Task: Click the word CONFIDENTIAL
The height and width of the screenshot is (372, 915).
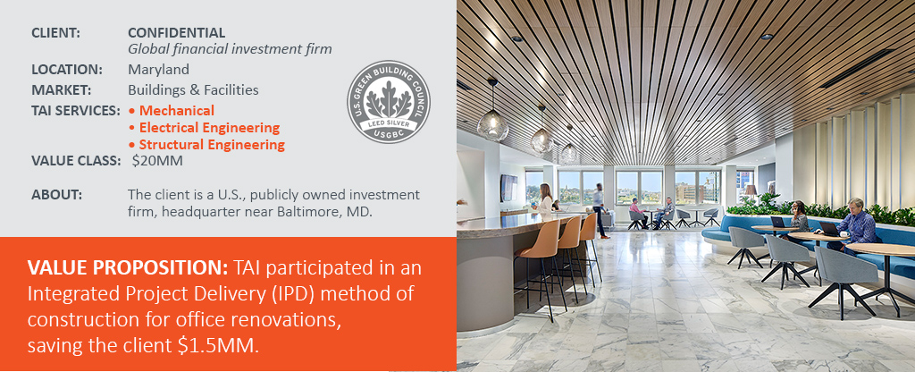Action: click(176, 33)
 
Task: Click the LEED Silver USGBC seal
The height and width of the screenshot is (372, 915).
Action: click(389, 101)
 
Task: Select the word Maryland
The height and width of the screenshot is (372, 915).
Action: click(159, 70)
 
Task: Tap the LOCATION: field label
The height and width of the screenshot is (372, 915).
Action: click(67, 70)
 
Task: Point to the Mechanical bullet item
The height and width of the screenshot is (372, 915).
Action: click(172, 110)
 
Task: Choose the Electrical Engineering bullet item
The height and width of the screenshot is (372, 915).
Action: click(205, 127)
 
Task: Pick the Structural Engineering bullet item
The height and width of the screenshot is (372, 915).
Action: click(207, 144)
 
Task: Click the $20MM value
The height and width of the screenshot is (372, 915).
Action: click(157, 161)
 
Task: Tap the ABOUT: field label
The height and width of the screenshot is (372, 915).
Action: click(56, 194)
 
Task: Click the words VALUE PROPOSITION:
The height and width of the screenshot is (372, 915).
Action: click(127, 268)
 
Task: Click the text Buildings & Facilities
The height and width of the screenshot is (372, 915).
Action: click(193, 90)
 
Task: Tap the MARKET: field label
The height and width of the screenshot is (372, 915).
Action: click(62, 90)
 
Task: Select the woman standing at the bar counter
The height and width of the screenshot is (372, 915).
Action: click(545, 201)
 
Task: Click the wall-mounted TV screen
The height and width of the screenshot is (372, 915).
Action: click(508, 187)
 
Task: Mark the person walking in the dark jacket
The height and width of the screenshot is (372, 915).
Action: click(599, 210)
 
